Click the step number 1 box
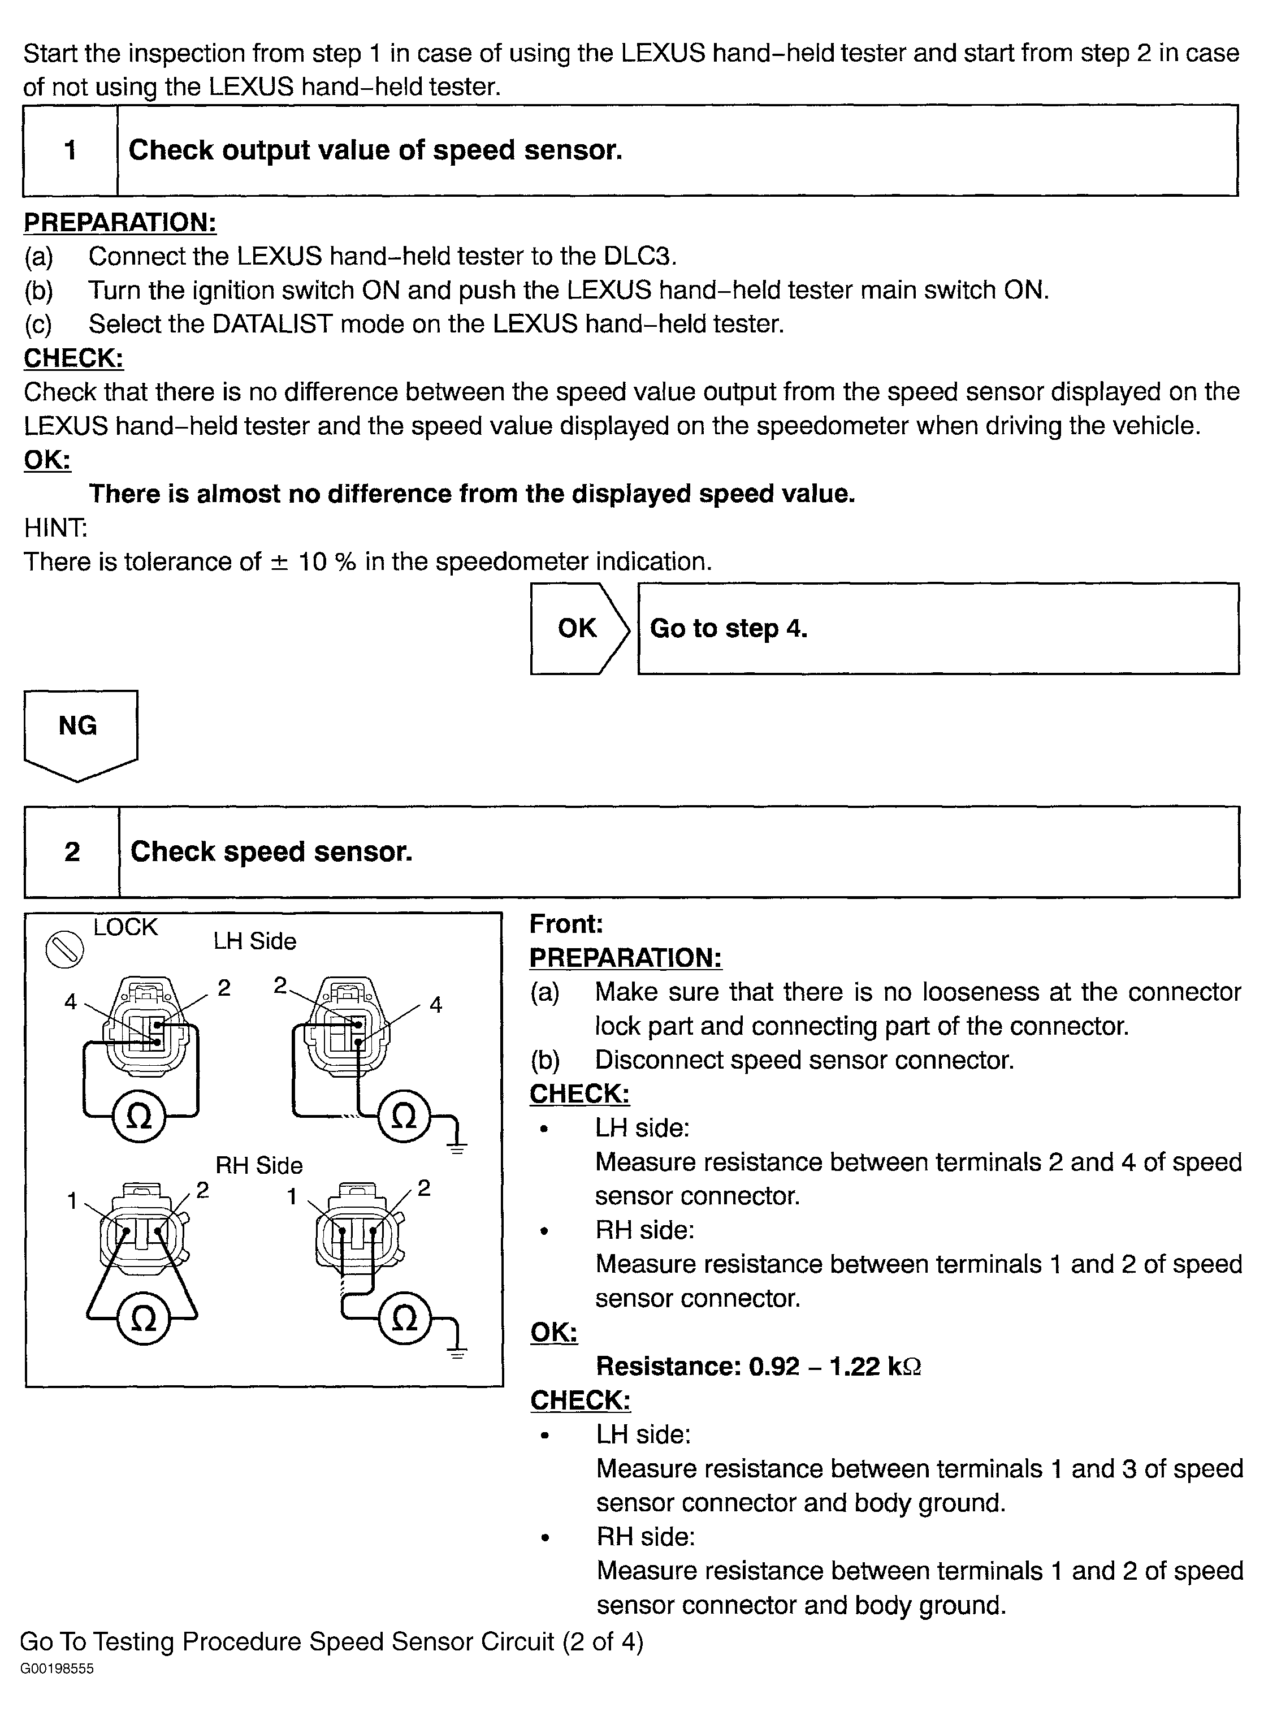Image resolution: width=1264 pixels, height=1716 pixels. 71,150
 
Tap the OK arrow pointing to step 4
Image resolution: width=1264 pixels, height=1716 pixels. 579,628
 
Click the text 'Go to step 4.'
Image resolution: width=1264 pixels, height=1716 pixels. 729,628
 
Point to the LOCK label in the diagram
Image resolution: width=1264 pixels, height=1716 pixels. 125,927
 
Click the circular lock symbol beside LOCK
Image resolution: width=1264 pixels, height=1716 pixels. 64,949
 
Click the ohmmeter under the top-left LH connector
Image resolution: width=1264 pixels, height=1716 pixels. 139,1117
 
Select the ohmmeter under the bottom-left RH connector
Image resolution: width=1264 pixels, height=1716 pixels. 143,1318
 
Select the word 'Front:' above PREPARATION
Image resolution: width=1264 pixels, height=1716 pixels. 566,924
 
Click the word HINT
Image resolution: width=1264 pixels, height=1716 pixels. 55,528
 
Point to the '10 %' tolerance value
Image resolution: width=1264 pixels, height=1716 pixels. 327,562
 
